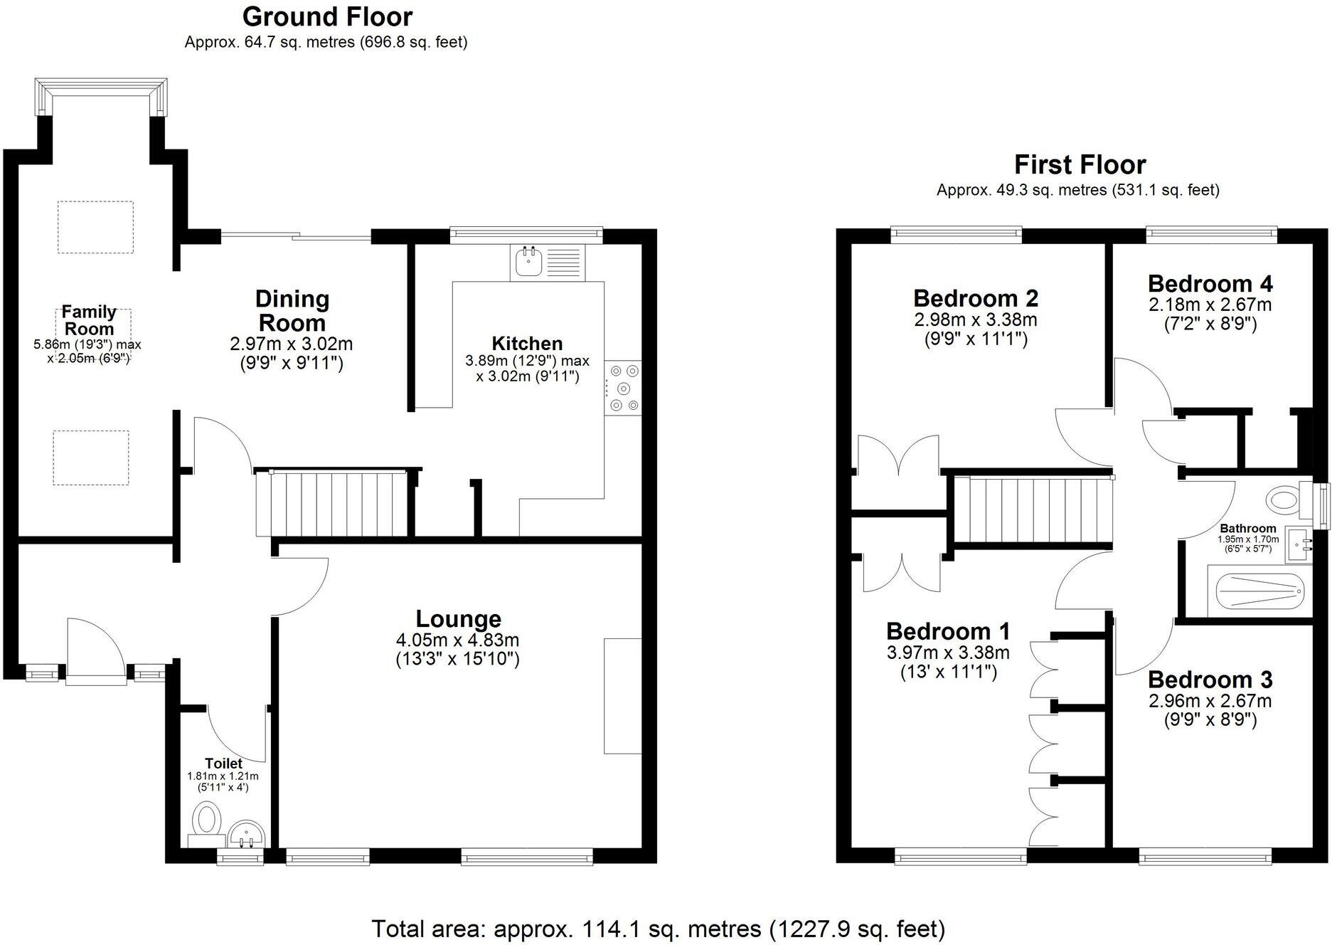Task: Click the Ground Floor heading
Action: [x=327, y=16]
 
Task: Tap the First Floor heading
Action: [x=1080, y=164]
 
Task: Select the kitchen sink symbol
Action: [x=528, y=263]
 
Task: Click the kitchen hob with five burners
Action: [x=623, y=388]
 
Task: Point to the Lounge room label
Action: [x=458, y=619]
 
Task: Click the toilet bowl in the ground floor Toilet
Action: [x=207, y=818]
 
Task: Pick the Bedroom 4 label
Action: [x=1210, y=284]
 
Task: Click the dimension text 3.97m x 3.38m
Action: [x=948, y=653]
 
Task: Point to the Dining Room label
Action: [x=292, y=310]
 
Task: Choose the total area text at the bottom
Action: [x=658, y=929]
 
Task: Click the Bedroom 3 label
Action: [x=1210, y=680]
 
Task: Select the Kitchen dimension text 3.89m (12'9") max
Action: [x=527, y=361]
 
